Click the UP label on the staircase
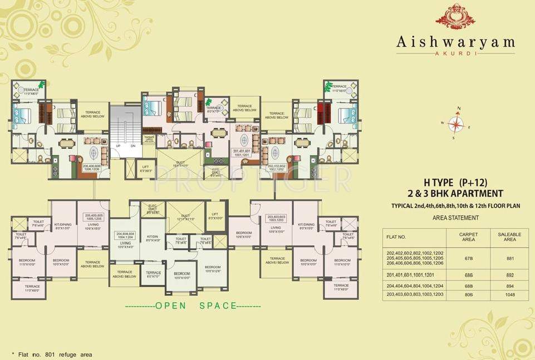[118, 146]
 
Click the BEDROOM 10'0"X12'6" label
[212, 270]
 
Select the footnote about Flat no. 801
[51, 354]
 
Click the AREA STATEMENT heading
[455, 218]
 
